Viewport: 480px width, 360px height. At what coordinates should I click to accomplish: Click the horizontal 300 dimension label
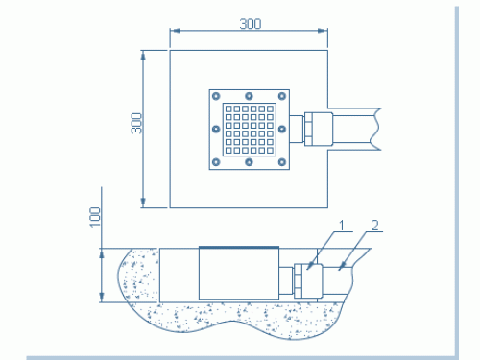(x=251, y=24)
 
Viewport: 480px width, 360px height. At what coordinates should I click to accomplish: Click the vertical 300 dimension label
(x=136, y=123)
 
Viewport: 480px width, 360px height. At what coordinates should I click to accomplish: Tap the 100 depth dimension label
(x=95, y=217)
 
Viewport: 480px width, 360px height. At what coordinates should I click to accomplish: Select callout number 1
(x=343, y=226)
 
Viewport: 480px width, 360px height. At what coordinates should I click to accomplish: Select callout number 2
(x=375, y=226)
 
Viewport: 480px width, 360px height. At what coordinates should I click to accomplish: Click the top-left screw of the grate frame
(x=216, y=96)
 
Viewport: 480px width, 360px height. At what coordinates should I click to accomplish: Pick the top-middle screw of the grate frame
(x=249, y=96)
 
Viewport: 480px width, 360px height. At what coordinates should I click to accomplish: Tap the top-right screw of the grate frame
(x=282, y=96)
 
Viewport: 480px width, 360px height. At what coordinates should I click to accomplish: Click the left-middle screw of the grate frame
(x=216, y=129)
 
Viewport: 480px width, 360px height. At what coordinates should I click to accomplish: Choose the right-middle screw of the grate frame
(x=282, y=129)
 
